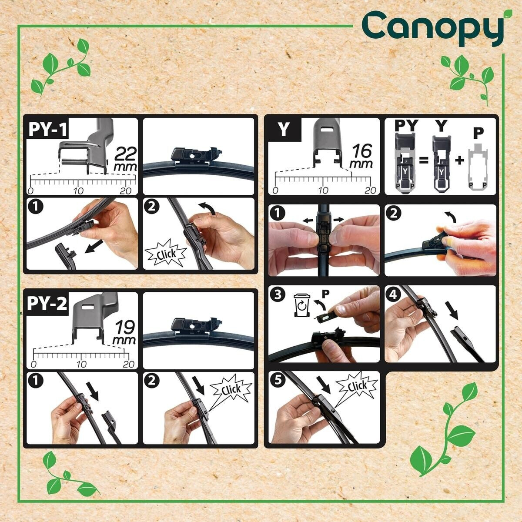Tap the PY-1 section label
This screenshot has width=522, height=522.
tap(48, 129)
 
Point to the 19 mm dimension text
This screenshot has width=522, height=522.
tap(124, 333)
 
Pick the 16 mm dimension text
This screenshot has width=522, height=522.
tap(361, 156)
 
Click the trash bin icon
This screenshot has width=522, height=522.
tap(302, 305)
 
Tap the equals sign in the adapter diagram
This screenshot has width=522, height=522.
tap(424, 161)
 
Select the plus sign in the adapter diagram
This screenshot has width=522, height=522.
tap(460, 161)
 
